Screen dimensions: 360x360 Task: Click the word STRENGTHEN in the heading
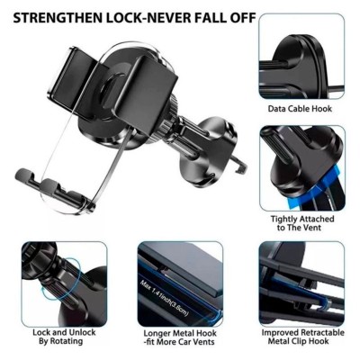click(x=58, y=18)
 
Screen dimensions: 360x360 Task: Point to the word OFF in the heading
click(x=242, y=18)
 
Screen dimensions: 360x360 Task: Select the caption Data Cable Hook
click(x=300, y=109)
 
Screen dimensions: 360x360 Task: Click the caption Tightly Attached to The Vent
click(x=302, y=223)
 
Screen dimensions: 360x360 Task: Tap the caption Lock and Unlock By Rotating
click(x=64, y=337)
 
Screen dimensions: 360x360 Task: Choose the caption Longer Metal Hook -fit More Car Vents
click(x=179, y=337)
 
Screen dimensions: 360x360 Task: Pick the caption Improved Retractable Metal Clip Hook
click(x=302, y=337)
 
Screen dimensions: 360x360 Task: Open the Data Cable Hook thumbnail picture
click(x=301, y=56)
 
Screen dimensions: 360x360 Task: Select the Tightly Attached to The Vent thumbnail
click(x=301, y=168)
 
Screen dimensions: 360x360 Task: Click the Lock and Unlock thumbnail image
click(x=64, y=284)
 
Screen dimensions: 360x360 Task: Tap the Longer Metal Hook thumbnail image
click(x=180, y=284)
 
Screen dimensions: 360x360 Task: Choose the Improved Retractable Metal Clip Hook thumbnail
click(x=301, y=284)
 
